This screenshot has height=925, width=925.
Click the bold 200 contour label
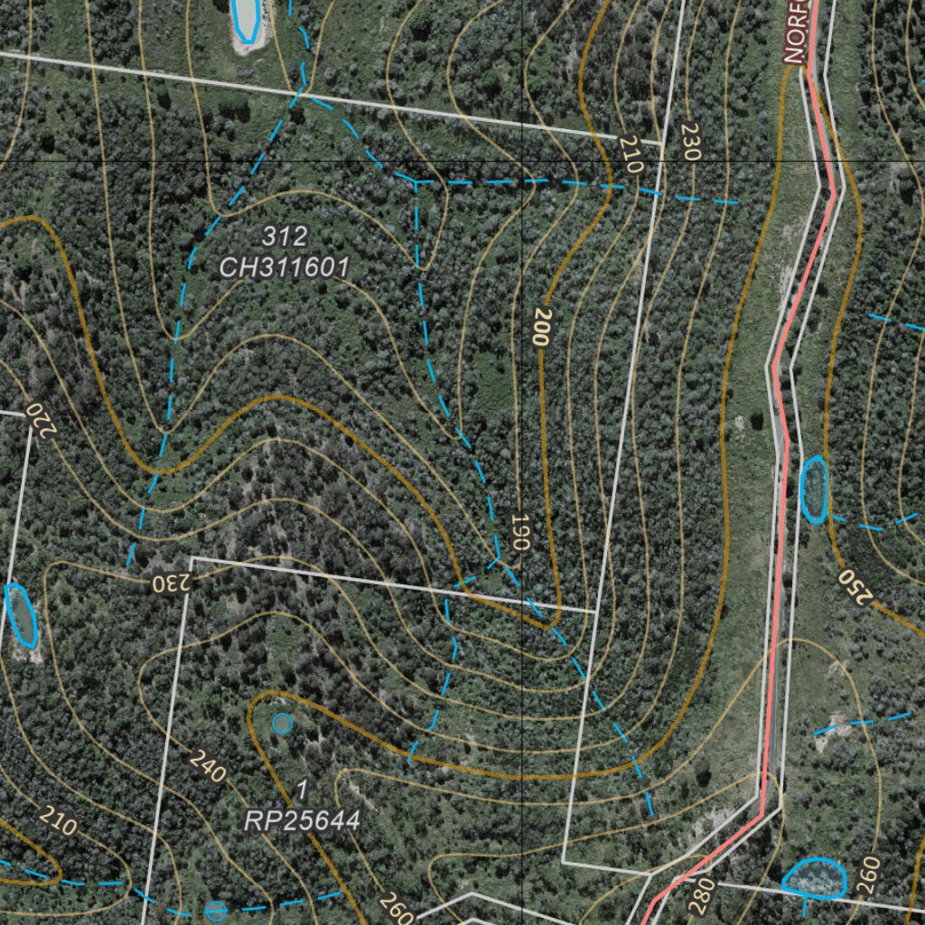click(x=542, y=327)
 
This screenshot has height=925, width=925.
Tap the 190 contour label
click(x=519, y=532)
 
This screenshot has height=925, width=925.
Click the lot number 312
click(x=285, y=237)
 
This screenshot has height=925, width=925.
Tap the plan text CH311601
click(x=285, y=267)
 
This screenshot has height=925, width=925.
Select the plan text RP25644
click(x=303, y=820)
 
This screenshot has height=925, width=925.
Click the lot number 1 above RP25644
click(x=303, y=790)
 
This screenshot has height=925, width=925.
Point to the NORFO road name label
click(x=795, y=32)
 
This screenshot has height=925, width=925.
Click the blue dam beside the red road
click(x=813, y=489)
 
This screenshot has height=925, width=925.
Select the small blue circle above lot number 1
click(x=283, y=723)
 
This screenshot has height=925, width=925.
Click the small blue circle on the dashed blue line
click(x=216, y=911)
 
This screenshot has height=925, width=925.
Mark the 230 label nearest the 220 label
click(x=171, y=581)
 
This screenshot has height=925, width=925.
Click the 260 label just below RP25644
click(x=397, y=906)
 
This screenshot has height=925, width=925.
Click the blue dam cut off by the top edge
click(x=246, y=20)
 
